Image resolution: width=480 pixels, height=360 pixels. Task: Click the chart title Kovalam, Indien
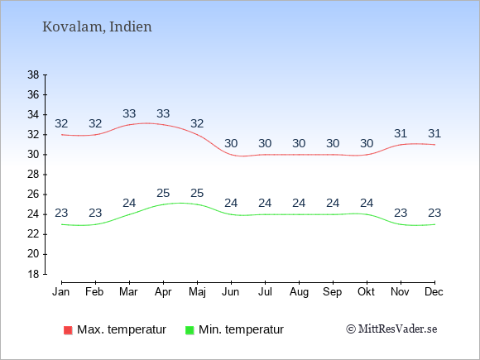point(97,26)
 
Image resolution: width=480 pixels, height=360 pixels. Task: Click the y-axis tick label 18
point(33,274)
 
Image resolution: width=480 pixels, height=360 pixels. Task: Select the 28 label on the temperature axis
point(33,175)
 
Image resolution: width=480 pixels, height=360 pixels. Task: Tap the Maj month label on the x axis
point(197,292)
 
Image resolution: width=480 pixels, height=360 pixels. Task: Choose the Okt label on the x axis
point(366,292)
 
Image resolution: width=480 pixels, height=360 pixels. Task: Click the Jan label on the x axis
point(61,292)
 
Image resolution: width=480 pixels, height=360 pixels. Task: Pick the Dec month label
point(434,292)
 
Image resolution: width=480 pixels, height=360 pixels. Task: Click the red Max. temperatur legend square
point(68,330)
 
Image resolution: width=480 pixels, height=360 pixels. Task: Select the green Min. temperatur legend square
point(190,330)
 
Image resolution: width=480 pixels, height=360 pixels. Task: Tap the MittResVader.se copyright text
point(391,329)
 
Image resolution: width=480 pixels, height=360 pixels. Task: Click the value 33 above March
point(129,114)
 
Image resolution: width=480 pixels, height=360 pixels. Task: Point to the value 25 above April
point(163,193)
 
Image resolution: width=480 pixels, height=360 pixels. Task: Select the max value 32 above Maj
point(197,123)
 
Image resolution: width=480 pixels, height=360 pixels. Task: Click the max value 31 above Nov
point(401,133)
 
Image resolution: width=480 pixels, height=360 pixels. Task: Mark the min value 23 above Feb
point(95,213)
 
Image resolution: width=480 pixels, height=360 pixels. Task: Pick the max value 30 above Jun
point(231,143)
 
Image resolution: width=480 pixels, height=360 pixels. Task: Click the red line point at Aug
point(299,155)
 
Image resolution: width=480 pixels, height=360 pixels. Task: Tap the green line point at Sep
point(333,214)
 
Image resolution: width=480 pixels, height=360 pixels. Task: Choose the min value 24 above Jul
point(265,203)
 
